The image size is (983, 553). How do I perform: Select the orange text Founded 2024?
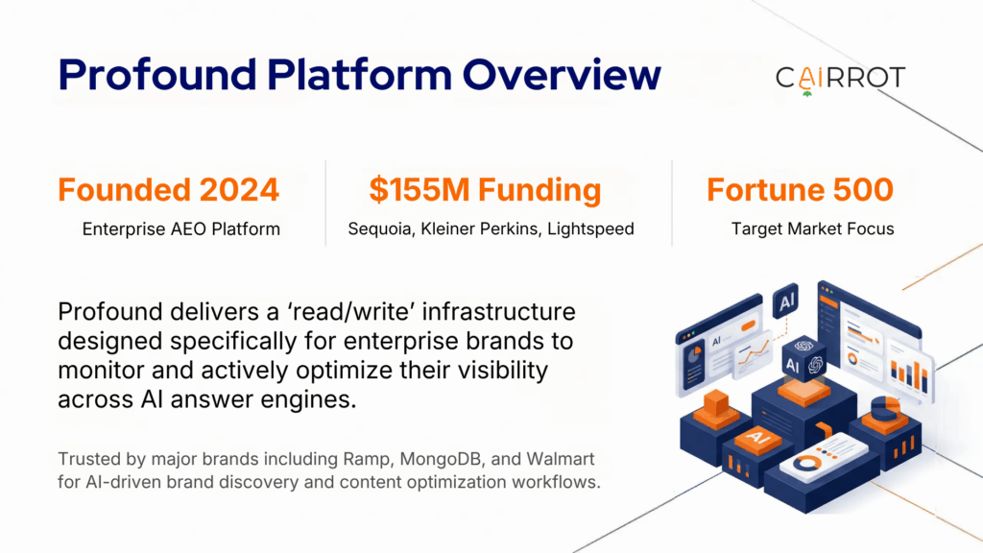point(168,189)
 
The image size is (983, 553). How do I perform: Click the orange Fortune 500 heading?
point(800,189)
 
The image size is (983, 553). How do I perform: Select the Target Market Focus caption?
point(800,229)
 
